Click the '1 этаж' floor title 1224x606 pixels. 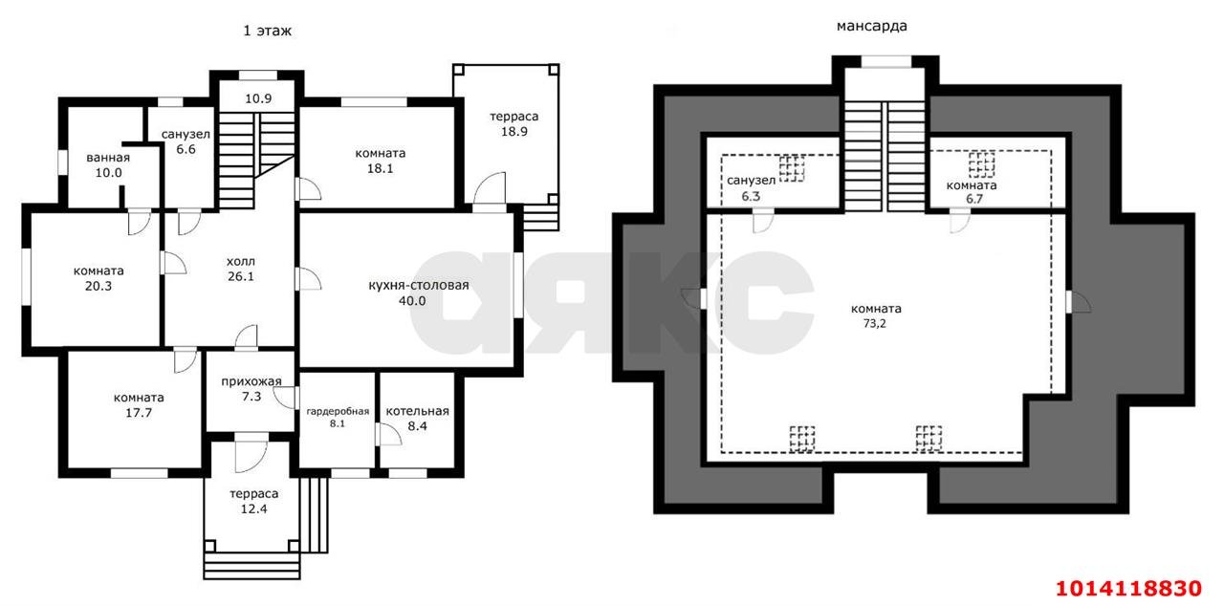267,31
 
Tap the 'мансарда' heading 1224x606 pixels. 871,26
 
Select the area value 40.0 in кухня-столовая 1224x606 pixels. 412,301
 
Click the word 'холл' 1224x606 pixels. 241,262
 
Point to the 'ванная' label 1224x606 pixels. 108,158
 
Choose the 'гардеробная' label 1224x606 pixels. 338,412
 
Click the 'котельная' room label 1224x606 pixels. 418,411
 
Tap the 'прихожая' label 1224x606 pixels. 251,381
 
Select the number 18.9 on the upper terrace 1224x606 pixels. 514,132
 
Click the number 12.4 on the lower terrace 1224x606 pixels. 254,509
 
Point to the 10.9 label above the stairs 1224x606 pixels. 258,98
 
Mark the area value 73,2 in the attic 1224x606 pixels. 874,323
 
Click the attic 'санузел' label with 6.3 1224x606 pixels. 751,181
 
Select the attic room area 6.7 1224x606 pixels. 974,199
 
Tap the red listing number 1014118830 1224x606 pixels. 1128,589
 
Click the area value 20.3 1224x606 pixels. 98,286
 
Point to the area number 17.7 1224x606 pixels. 139,413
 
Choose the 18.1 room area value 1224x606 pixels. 380,168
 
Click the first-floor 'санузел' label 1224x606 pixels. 186,135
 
